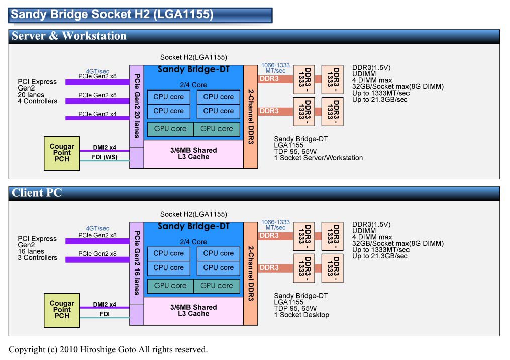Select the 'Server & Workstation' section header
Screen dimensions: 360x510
(69, 36)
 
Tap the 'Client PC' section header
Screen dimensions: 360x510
(37, 193)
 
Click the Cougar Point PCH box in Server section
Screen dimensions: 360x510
(61, 153)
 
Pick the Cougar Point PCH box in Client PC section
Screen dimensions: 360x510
(61, 310)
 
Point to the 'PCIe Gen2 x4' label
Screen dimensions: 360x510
(97, 114)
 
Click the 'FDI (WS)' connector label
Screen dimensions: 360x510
(105, 157)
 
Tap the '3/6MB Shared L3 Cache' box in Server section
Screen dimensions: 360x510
(193, 153)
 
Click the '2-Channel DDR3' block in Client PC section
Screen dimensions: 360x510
(251, 274)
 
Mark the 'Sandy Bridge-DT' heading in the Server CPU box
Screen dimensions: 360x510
(193, 69)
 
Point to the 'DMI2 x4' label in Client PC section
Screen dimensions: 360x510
(105, 305)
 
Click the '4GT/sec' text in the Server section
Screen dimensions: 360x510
(97, 71)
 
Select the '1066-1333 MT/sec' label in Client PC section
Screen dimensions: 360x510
(275, 225)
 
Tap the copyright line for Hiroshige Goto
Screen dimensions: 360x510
(108, 349)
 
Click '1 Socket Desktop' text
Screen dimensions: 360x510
(301, 315)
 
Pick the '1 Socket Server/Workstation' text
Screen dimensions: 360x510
(318, 158)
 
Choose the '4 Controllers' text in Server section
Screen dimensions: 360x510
(37, 101)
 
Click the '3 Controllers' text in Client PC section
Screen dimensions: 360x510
(37, 258)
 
